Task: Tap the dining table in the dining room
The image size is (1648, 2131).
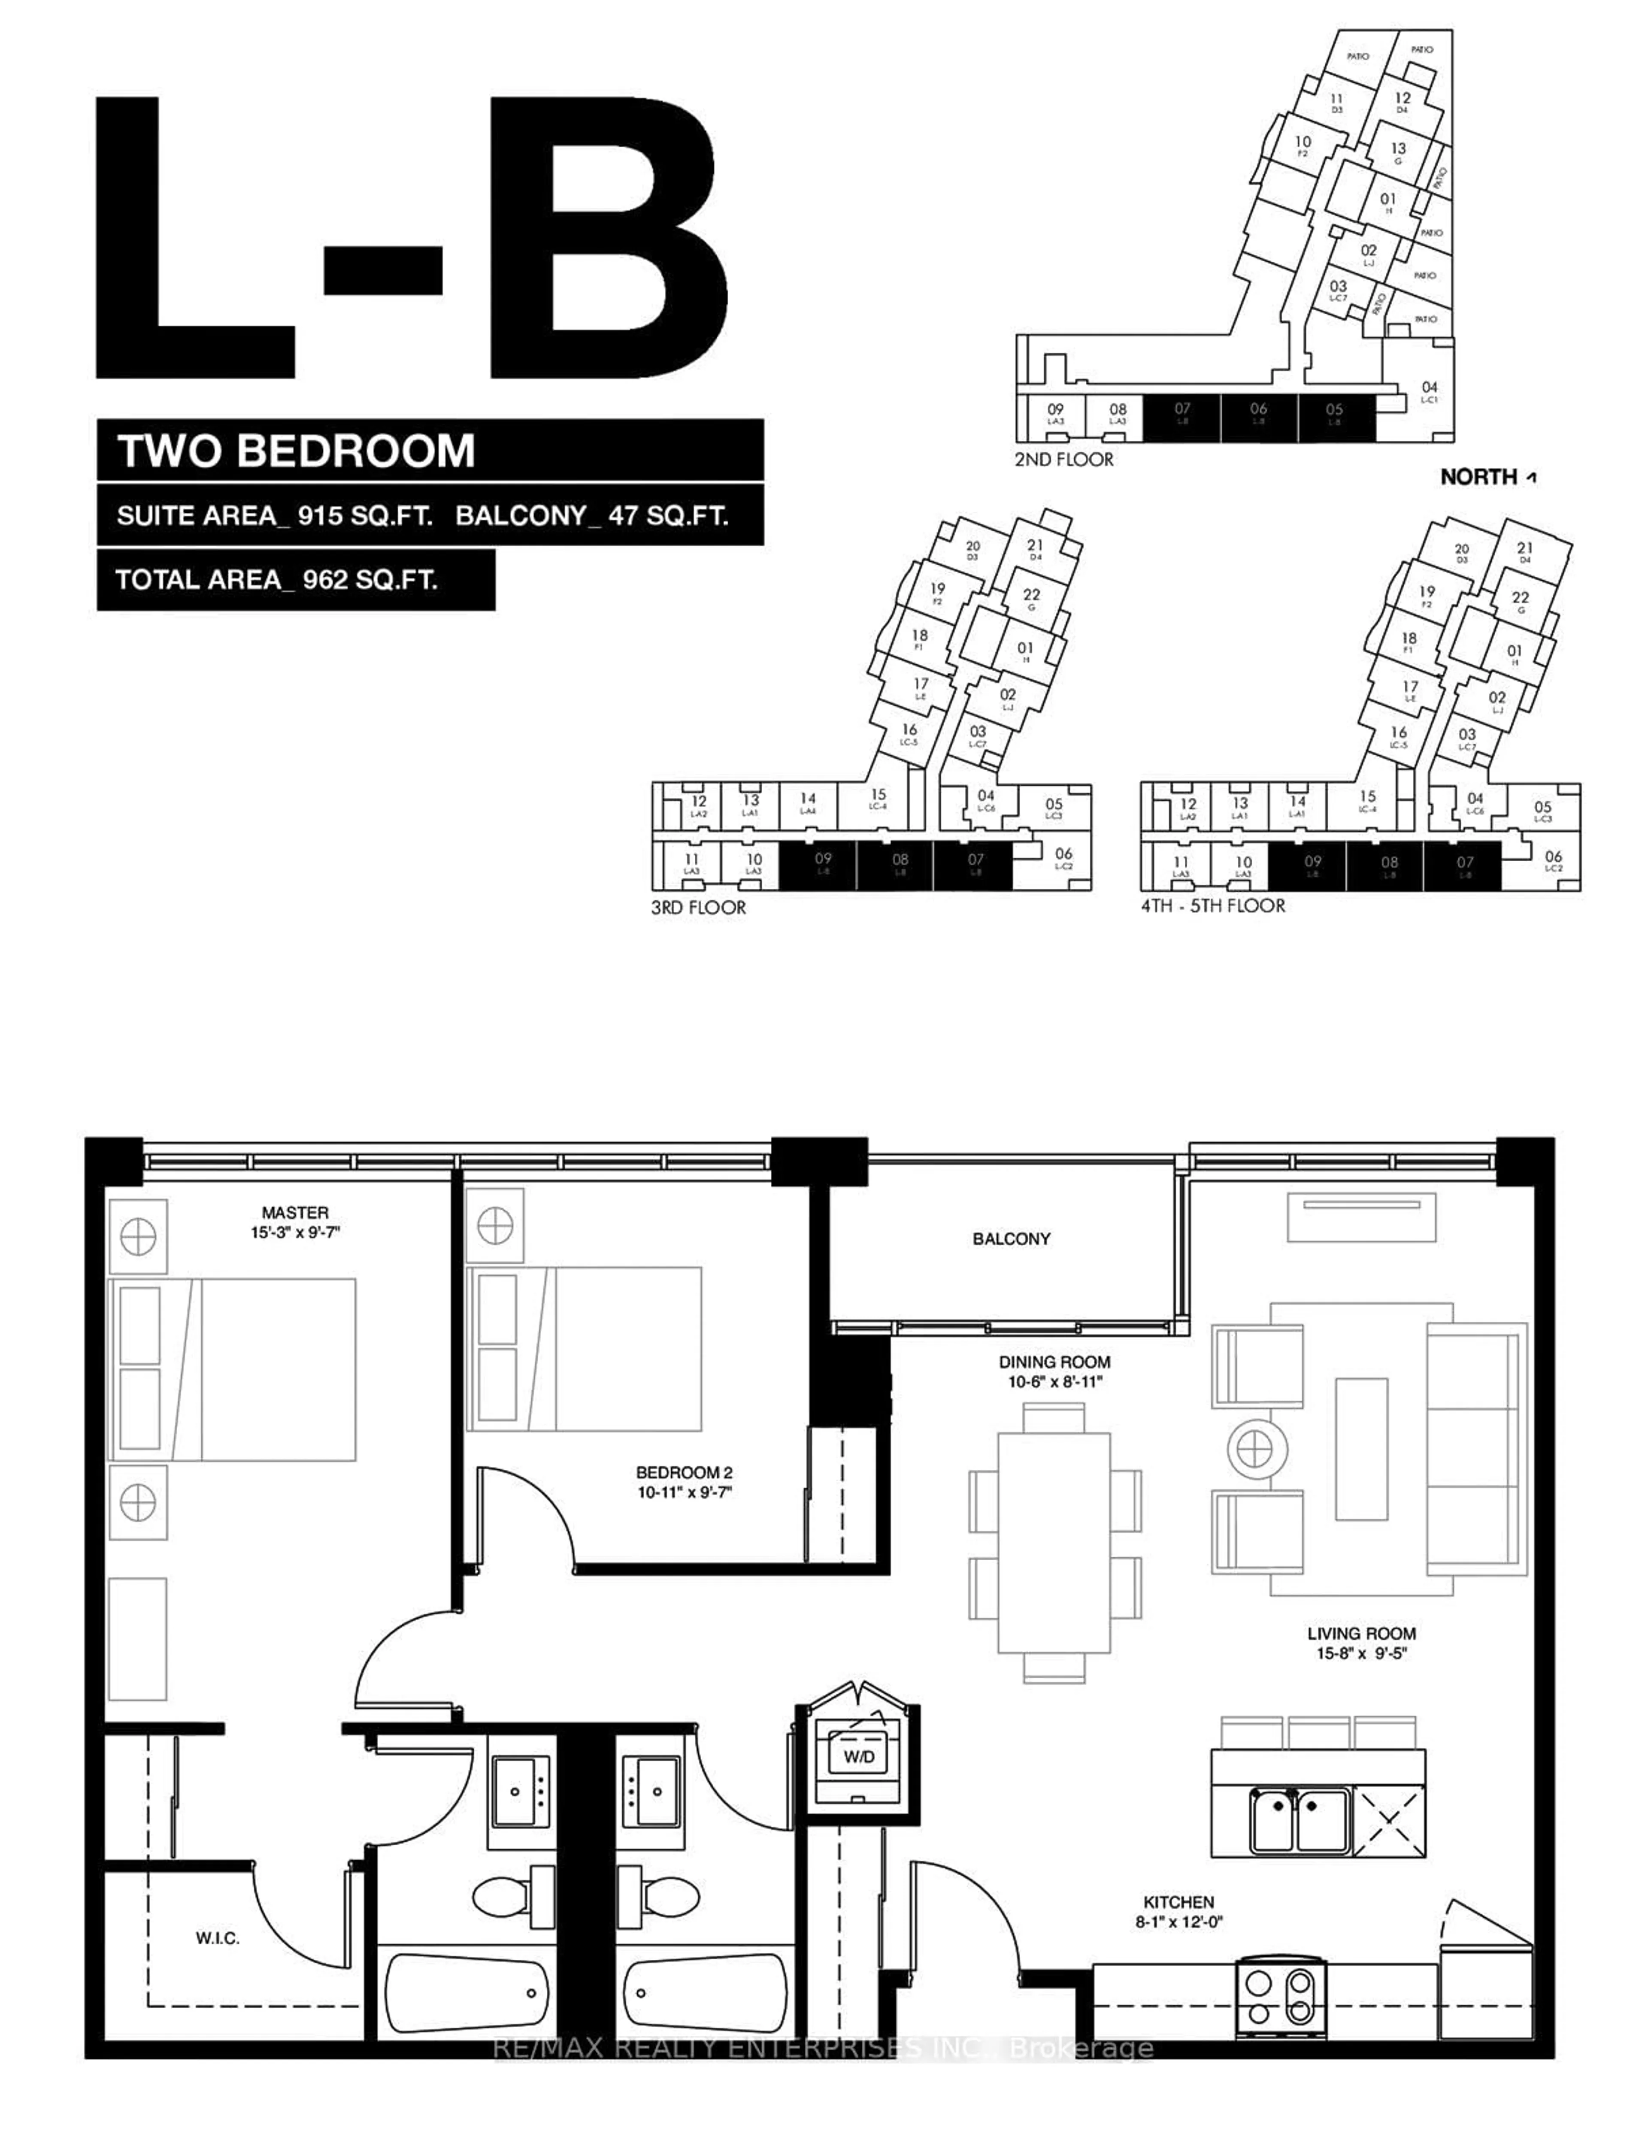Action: tap(1054, 1542)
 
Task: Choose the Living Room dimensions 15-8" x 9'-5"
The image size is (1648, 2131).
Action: tap(1361, 1654)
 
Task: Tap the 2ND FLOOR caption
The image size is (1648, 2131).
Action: tap(1063, 459)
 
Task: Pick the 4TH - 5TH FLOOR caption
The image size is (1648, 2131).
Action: tap(1213, 905)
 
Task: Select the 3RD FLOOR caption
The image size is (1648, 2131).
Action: tap(699, 908)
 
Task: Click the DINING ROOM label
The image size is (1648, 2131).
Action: tap(1054, 1361)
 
